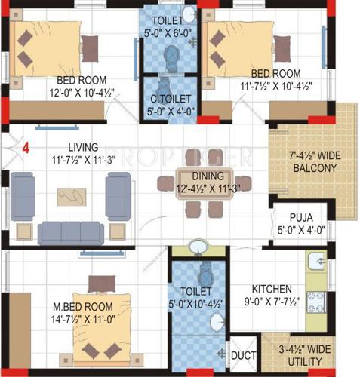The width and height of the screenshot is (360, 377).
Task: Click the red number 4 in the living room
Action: click(x=26, y=148)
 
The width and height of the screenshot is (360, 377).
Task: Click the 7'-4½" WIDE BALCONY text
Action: click(x=311, y=161)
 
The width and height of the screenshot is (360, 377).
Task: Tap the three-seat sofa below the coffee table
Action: click(x=72, y=231)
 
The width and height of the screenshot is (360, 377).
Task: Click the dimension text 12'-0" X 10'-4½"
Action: click(x=74, y=93)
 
